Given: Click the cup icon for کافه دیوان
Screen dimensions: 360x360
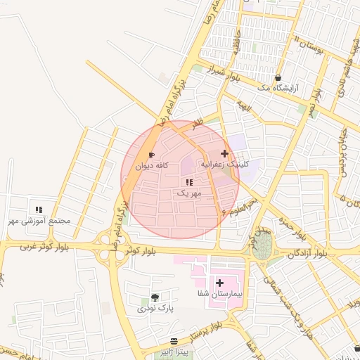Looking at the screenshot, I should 150,155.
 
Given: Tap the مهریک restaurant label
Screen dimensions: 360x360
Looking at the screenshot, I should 189,192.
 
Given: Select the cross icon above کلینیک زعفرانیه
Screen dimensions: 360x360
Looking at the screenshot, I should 224,153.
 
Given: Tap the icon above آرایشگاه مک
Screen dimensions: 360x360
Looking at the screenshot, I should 278,77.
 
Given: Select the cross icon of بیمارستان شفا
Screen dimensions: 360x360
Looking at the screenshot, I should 219,282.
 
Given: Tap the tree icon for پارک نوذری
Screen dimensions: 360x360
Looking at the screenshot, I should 155,297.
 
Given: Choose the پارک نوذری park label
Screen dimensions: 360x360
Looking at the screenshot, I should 155,308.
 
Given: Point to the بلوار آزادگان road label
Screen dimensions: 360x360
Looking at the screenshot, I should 305,252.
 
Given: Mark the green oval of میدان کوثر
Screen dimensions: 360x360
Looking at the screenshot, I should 263,246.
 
